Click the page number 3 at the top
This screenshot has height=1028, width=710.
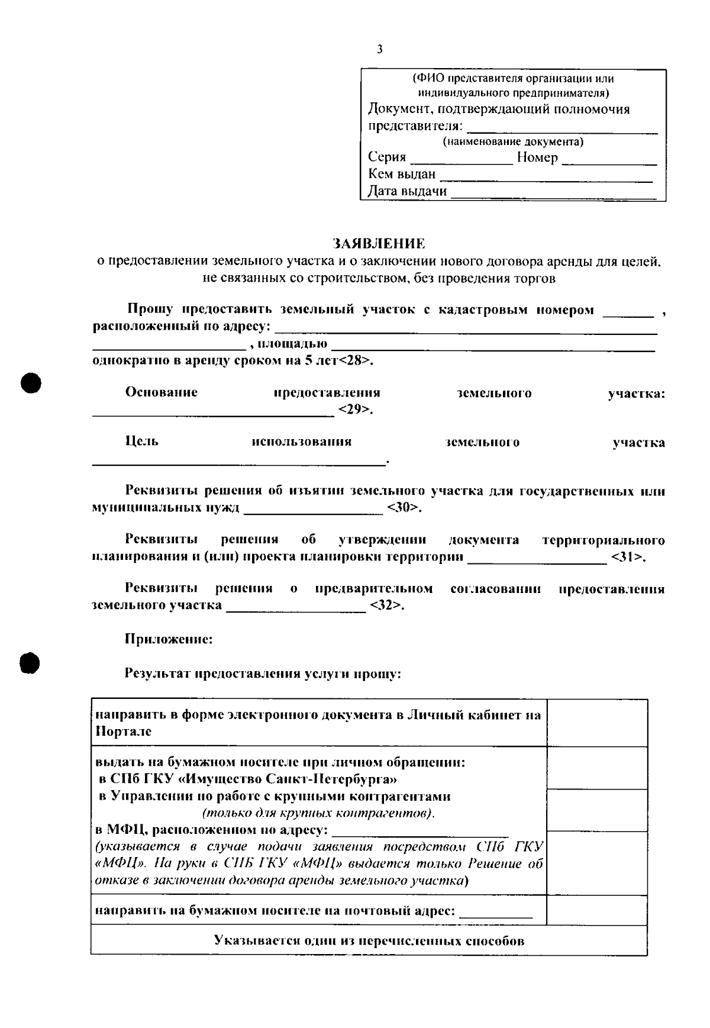point(379,50)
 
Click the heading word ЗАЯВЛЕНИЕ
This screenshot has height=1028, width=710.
point(379,243)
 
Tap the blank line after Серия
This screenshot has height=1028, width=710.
point(461,162)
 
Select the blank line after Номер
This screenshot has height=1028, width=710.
point(609,162)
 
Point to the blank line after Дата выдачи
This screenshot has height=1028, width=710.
point(553,196)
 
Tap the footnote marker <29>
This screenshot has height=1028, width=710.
point(355,410)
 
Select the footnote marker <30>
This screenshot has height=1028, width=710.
point(404,508)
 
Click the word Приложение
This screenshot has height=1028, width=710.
point(169,639)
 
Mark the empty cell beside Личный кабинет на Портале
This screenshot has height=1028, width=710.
point(596,723)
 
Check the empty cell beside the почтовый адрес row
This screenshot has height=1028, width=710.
point(596,910)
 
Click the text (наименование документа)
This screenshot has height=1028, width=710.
point(513,142)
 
